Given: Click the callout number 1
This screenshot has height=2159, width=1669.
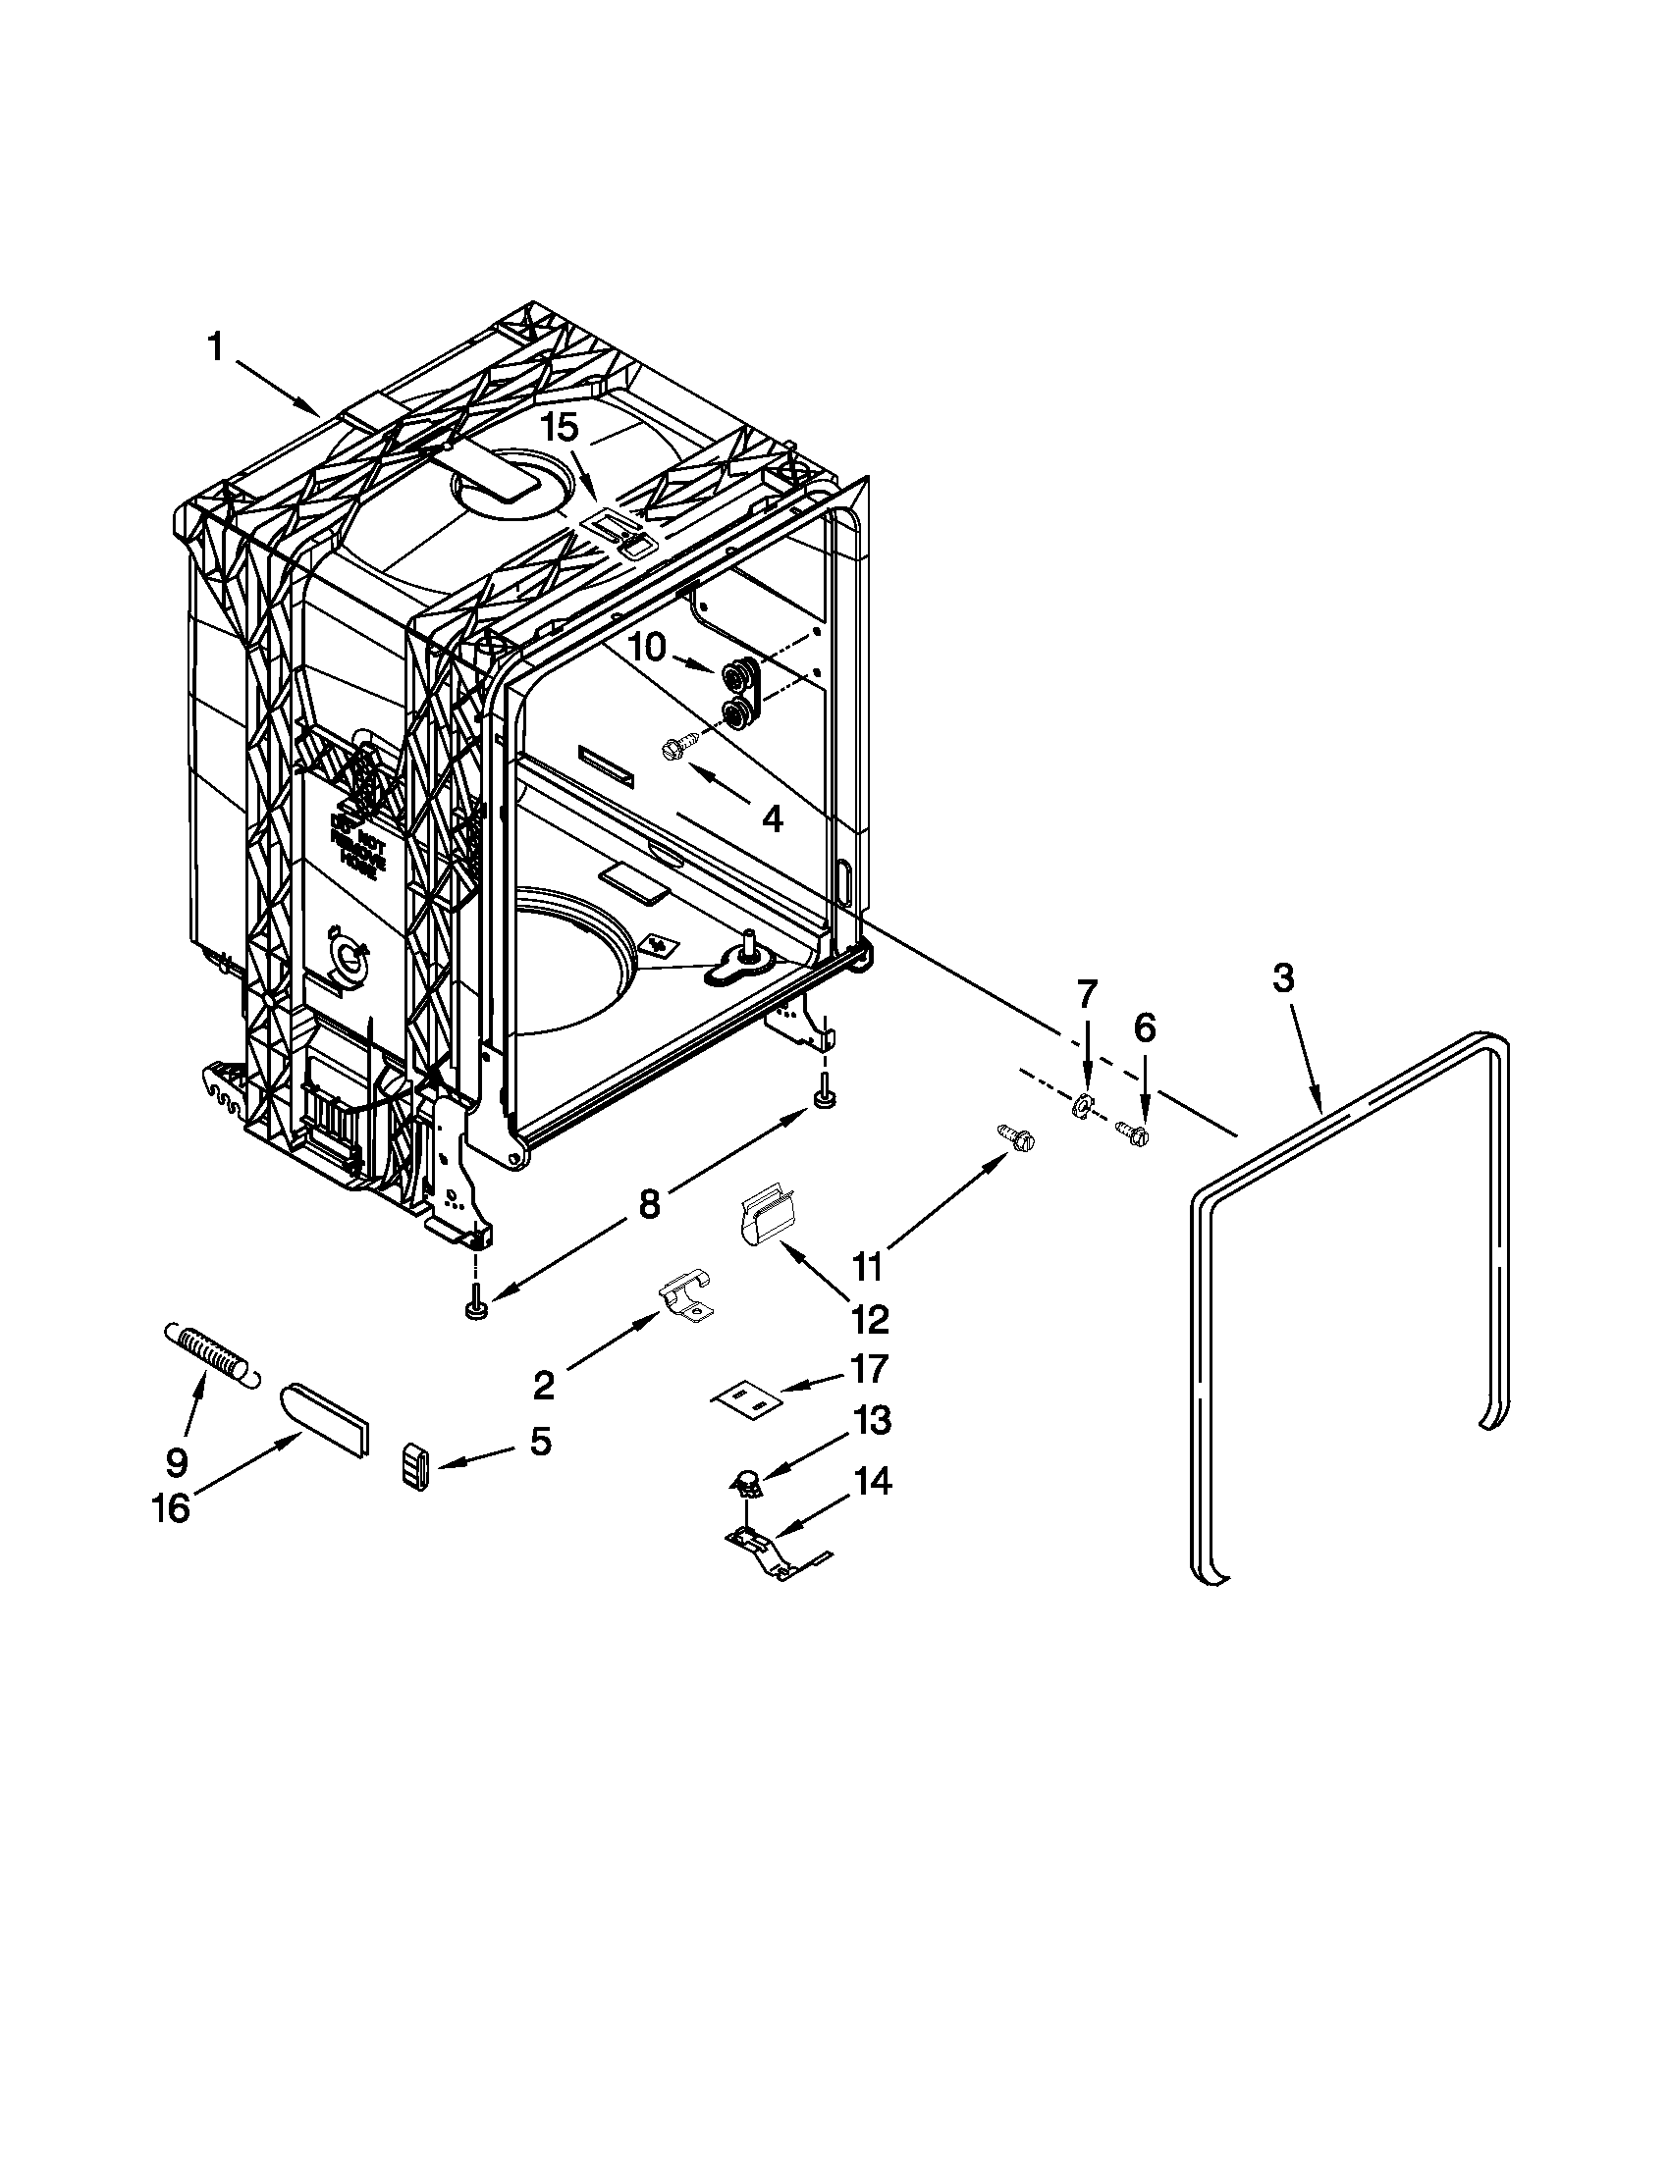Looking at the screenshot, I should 216,348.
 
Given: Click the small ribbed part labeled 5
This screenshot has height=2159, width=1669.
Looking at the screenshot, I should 415,1464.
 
